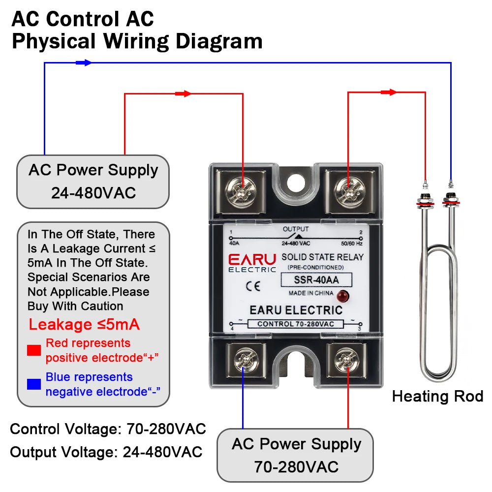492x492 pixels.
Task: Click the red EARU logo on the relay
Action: (252, 260)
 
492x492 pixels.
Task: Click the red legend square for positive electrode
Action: (34, 350)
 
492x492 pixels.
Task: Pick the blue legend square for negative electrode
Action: (34, 384)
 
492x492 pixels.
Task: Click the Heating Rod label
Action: (437, 396)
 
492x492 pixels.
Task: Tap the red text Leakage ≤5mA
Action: (84, 325)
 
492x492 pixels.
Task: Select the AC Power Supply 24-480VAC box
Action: (93, 182)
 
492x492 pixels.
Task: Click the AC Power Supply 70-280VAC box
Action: (296, 455)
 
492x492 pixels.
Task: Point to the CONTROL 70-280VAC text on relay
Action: (295, 324)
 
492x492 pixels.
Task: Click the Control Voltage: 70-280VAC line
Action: (108, 429)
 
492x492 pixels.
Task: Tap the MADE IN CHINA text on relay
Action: (310, 293)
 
